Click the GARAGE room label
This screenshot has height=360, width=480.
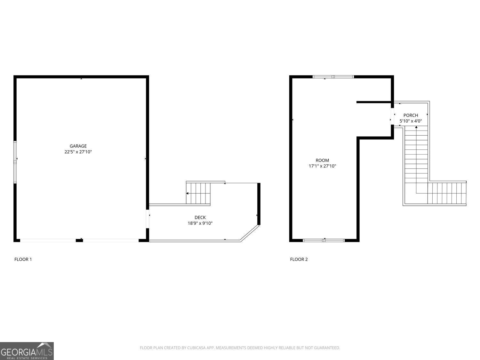[78, 146]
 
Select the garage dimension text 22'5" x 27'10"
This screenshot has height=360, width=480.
[78, 152]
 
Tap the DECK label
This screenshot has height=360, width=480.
[200, 218]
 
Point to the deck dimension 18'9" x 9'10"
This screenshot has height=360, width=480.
[200, 223]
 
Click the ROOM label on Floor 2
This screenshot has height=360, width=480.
[322, 160]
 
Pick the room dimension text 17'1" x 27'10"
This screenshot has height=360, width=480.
[322, 166]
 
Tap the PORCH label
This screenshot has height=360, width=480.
[411, 115]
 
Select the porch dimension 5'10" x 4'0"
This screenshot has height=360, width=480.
[411, 121]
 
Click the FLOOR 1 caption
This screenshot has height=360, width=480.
[23, 259]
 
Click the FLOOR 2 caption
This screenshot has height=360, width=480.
[299, 259]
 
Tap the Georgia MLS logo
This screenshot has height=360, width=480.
[27, 351]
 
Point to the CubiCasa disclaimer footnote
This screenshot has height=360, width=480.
[240, 348]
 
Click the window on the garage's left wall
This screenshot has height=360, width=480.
[15, 162]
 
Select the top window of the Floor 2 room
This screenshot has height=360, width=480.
[333, 77]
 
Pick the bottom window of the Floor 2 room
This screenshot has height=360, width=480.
[324, 240]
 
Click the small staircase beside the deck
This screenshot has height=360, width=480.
[198, 193]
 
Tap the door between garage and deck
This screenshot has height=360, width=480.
[148, 219]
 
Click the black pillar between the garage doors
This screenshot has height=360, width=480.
[79, 240]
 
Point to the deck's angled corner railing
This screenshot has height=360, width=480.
[250, 233]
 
